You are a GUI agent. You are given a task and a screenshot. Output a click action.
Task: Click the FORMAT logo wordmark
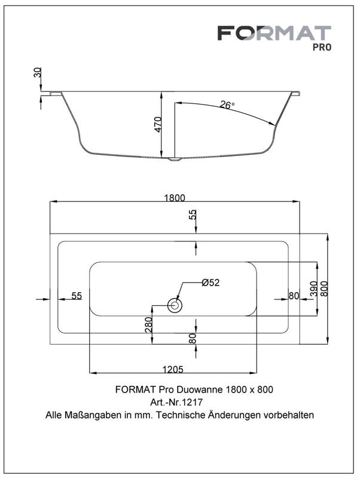(x=274, y=33)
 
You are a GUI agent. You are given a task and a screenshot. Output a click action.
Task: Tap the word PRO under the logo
(x=322, y=48)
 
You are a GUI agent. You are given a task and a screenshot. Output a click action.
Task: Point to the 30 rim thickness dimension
(x=38, y=73)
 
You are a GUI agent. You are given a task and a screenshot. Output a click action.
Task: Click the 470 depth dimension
(x=158, y=124)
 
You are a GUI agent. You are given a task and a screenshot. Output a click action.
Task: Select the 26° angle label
(x=227, y=105)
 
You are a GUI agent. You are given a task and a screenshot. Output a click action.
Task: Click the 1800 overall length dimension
(x=175, y=198)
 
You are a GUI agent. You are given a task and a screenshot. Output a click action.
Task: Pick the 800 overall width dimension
(x=324, y=289)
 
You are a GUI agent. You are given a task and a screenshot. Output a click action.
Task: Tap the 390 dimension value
(x=313, y=289)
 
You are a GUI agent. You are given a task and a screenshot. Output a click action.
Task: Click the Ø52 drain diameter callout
(x=210, y=283)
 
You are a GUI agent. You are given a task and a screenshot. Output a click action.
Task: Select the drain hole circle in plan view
(x=175, y=305)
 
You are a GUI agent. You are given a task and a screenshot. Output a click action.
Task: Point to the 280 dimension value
(x=148, y=324)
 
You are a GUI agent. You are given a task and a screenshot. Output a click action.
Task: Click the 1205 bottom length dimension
(x=173, y=369)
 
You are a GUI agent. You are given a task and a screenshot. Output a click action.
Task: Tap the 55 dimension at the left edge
(x=77, y=296)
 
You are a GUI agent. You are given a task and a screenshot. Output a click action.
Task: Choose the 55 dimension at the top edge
(x=193, y=215)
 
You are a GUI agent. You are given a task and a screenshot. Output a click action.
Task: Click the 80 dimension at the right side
(x=294, y=296)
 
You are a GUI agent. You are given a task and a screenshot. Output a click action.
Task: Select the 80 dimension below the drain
(x=193, y=338)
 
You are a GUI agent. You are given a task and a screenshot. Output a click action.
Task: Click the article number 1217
(x=192, y=402)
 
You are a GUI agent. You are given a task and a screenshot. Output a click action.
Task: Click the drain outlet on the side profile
(x=175, y=159)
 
